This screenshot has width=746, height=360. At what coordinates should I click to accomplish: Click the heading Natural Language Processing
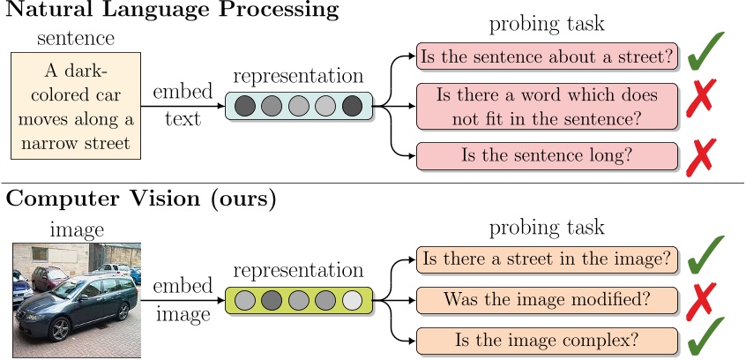tap(173, 11)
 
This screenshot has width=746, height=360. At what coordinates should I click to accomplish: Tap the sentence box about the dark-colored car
tap(74, 106)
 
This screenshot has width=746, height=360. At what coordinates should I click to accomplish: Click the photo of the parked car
tap(76, 300)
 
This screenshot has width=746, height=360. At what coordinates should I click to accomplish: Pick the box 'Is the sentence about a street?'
tap(547, 58)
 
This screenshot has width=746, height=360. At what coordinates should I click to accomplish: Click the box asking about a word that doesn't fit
tap(547, 106)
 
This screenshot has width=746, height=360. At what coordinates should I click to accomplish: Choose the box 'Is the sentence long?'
tap(547, 155)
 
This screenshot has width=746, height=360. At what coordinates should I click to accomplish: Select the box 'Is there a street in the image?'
tap(547, 259)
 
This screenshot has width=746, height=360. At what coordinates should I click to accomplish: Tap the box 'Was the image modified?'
tap(547, 299)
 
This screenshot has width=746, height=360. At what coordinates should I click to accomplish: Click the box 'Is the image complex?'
tap(547, 339)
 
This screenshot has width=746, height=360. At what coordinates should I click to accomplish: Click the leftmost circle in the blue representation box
tap(245, 106)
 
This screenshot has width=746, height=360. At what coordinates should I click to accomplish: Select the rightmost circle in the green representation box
tap(352, 300)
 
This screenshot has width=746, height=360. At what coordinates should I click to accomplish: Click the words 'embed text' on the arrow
tap(182, 106)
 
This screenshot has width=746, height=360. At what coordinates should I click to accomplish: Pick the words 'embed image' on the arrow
tap(182, 300)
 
